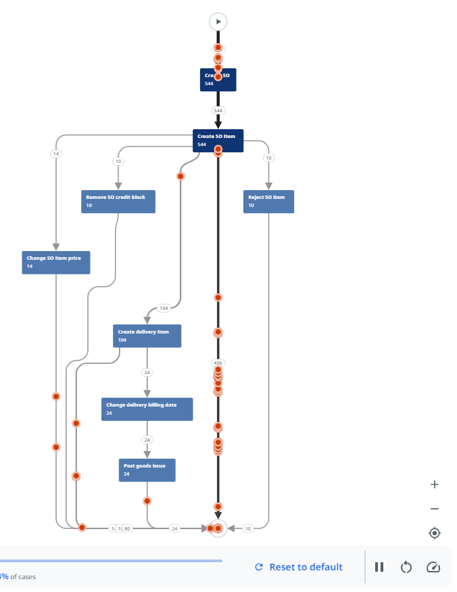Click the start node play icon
click(x=218, y=22)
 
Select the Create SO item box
click(x=218, y=140)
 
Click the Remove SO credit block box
click(x=118, y=202)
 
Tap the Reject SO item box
click(x=268, y=202)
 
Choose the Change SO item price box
click(x=55, y=262)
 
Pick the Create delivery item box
click(x=147, y=336)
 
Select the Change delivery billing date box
click(x=147, y=409)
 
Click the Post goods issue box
click(x=147, y=470)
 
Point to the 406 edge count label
click(x=218, y=363)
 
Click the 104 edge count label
click(x=163, y=308)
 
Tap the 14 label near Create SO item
click(x=56, y=154)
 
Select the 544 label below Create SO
click(x=218, y=110)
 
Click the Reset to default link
click(x=299, y=567)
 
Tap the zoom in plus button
click(x=435, y=484)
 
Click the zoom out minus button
click(x=435, y=509)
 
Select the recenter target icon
click(x=435, y=533)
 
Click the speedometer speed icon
click(x=433, y=567)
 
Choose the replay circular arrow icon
click(x=406, y=567)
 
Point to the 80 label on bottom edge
click(x=127, y=528)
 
